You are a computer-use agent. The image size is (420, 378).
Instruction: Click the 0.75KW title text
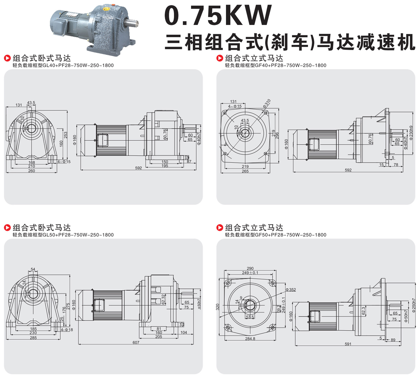click(x=218, y=15)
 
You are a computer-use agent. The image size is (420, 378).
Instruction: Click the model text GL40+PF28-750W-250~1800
click(x=78, y=65)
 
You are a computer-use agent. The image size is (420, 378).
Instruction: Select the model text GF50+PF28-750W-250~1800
click(x=291, y=235)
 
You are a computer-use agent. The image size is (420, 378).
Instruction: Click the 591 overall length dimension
click(x=348, y=344)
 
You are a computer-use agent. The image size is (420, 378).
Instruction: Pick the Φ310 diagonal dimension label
click(x=267, y=103)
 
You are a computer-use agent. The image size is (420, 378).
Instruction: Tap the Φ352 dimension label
click(x=291, y=290)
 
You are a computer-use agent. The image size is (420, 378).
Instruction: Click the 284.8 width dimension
click(x=250, y=339)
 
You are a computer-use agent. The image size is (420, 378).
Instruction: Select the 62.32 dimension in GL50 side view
click(x=164, y=300)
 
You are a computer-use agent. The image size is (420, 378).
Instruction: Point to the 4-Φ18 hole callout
click(x=67, y=330)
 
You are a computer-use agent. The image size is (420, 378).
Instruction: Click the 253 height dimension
click(x=66, y=135)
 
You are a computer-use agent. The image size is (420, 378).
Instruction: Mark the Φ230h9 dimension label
click(x=411, y=133)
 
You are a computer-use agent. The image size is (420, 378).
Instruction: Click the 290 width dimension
click(x=250, y=268)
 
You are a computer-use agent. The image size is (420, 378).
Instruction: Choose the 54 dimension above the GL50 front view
click(x=33, y=269)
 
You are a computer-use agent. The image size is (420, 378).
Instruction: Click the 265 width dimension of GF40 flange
click(x=245, y=171)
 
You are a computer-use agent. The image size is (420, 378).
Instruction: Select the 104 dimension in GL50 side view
click(x=184, y=332)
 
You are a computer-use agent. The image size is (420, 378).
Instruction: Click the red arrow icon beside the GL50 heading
click(x=7, y=228)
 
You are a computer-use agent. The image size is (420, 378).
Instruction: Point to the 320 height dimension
click(x=218, y=307)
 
